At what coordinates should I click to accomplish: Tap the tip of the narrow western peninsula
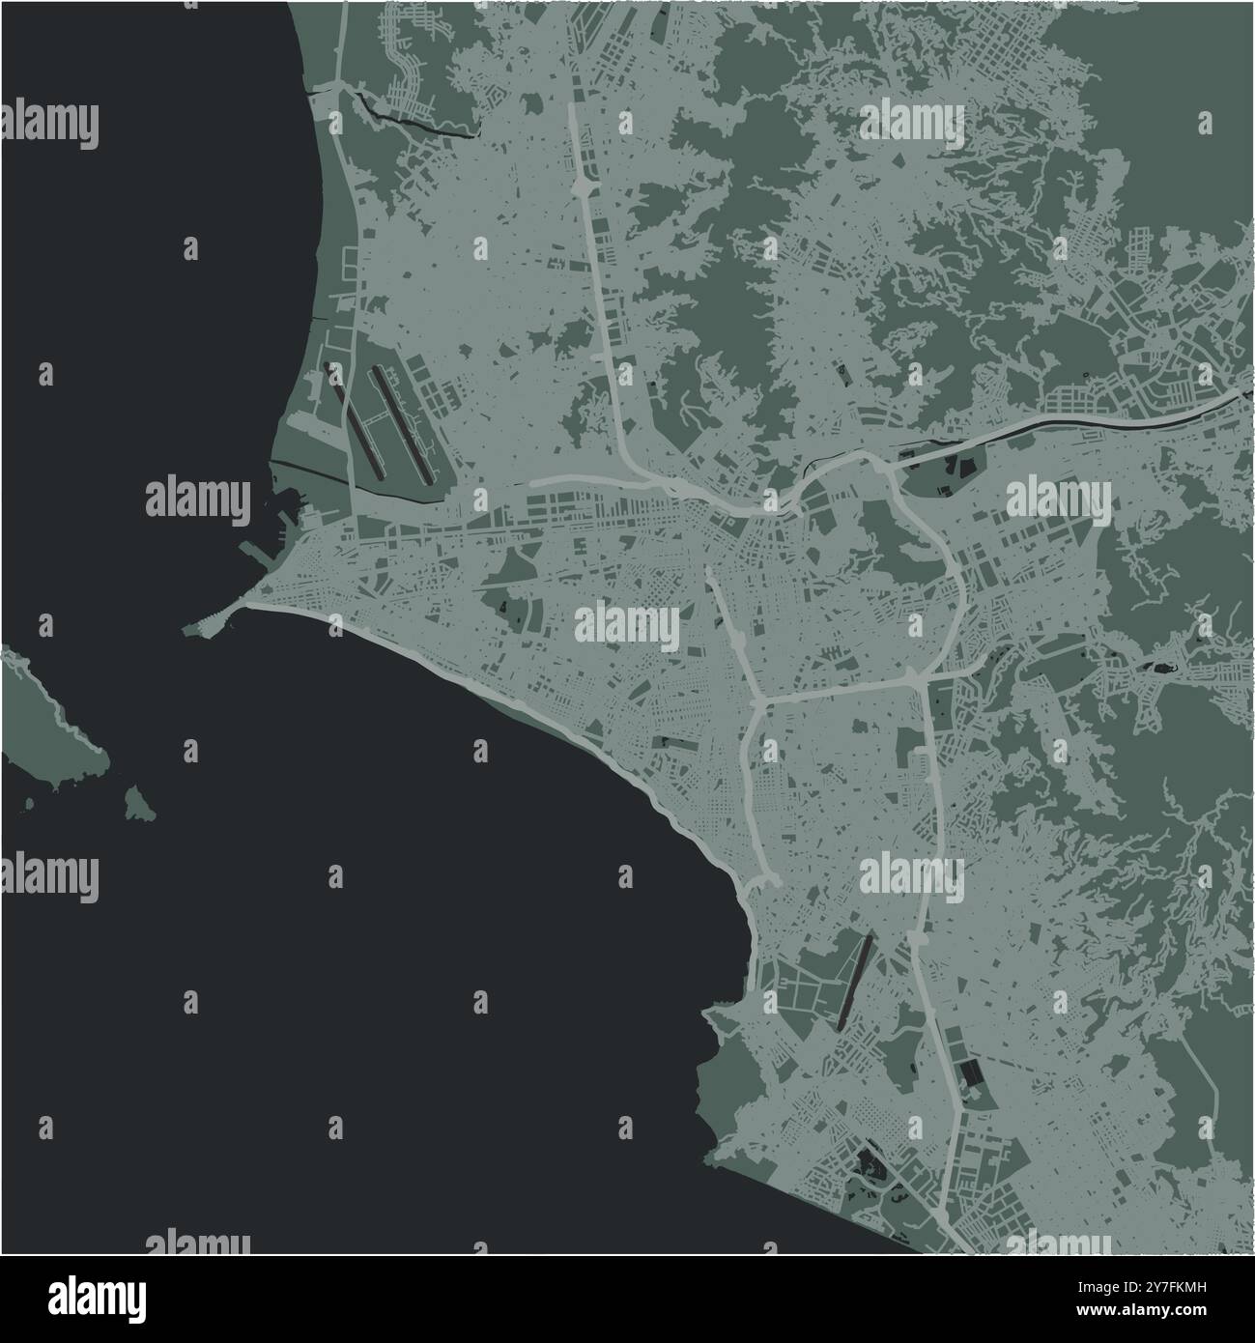[187, 629]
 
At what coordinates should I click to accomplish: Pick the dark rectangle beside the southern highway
[969, 1072]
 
